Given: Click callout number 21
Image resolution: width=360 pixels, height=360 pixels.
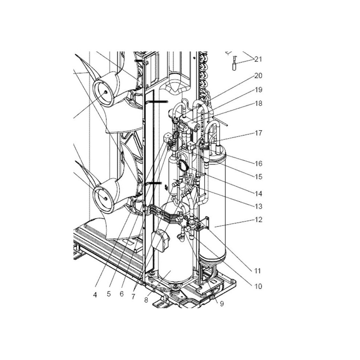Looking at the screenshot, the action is click(258, 59).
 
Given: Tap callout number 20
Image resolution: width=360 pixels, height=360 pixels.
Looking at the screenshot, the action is click(258, 76).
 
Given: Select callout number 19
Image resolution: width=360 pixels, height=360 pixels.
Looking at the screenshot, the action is click(258, 90).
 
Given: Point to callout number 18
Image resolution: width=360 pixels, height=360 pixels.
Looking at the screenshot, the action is click(258, 103).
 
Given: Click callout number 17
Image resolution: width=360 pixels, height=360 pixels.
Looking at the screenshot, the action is click(258, 133).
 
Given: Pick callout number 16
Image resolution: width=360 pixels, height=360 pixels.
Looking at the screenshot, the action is click(258, 163).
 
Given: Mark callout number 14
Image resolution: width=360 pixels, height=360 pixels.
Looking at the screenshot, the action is click(258, 194).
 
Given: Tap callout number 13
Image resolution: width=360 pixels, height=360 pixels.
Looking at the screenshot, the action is click(258, 206).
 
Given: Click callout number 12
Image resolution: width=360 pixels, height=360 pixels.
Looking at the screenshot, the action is click(258, 220).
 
